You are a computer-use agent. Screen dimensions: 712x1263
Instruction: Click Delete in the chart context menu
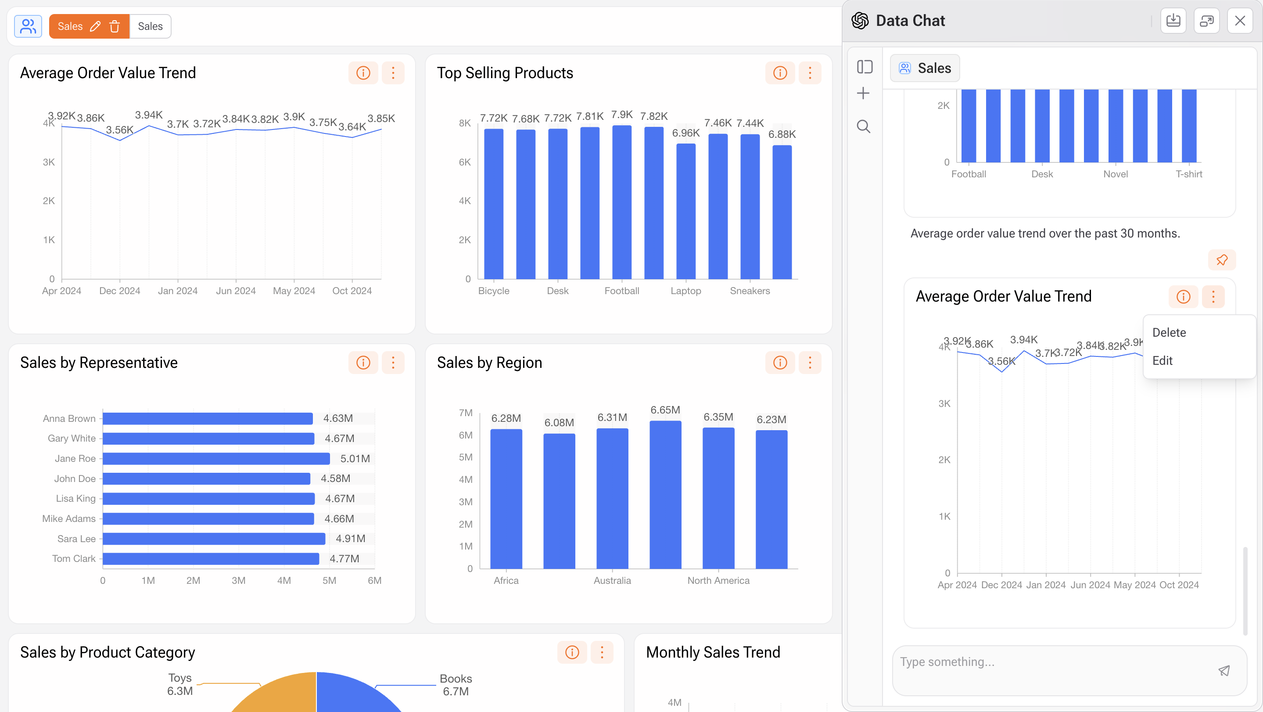click(x=1169, y=332)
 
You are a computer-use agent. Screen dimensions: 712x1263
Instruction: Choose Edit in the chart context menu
click(x=1162, y=360)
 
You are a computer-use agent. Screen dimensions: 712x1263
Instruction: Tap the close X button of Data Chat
click(x=1239, y=21)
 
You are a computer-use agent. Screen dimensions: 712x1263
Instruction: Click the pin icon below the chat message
click(x=1221, y=260)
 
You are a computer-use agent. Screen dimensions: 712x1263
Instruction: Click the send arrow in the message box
click(x=1224, y=670)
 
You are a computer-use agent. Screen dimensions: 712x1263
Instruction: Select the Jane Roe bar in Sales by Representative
click(x=216, y=458)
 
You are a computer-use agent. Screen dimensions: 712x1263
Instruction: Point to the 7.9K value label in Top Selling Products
click(x=622, y=115)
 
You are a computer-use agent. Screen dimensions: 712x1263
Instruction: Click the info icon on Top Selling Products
click(x=779, y=73)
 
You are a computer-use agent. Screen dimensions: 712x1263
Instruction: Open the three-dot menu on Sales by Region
click(x=810, y=363)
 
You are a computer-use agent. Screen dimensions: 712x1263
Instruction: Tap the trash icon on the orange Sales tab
click(x=115, y=26)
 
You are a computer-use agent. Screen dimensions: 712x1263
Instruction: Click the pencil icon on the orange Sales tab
click(x=95, y=26)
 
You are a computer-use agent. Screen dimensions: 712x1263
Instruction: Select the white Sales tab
click(x=150, y=26)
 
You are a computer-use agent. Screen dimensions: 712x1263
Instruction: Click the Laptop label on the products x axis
click(x=685, y=291)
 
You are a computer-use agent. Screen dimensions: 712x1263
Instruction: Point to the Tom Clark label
click(x=74, y=558)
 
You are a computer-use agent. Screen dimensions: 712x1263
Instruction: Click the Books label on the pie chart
click(x=456, y=679)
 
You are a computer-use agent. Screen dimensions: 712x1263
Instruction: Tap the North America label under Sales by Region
click(x=718, y=581)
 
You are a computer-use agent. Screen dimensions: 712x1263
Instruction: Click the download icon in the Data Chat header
click(x=1173, y=21)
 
